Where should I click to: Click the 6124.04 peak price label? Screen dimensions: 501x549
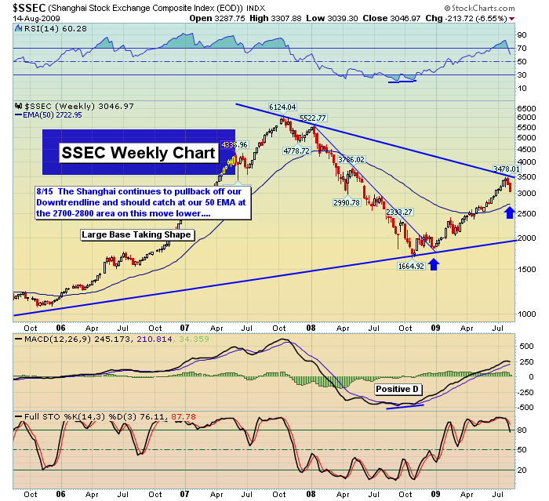(x=282, y=107)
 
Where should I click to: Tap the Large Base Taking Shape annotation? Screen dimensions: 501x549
(x=136, y=234)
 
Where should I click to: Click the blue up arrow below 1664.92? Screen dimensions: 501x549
(x=434, y=263)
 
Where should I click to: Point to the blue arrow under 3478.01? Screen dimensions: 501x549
(x=508, y=212)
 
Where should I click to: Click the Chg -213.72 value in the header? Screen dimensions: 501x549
(x=471, y=17)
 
